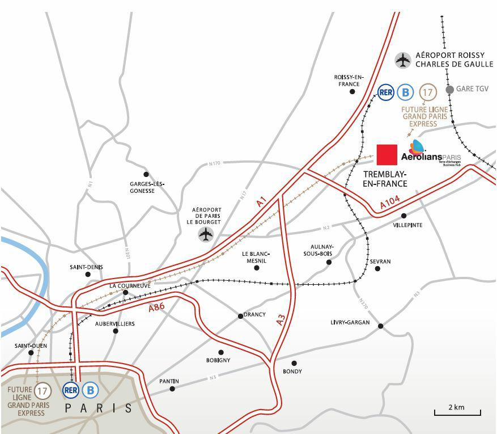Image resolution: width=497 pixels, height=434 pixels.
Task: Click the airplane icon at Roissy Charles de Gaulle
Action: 403,60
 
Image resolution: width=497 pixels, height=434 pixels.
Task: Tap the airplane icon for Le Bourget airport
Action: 206,234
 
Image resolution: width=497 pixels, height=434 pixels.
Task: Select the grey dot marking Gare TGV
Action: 449,89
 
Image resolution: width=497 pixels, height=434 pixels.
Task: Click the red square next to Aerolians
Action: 388,154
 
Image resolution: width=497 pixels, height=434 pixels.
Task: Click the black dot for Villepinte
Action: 403,216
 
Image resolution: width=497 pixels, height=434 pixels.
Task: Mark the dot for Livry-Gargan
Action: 380,326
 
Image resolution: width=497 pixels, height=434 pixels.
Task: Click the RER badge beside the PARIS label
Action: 71,390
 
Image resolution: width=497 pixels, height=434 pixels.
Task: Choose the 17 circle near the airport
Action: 428,92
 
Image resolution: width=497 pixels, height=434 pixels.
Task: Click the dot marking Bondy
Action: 294,363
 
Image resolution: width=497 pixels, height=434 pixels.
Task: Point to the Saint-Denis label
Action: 86,267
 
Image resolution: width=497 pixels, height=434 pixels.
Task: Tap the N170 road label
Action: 214,163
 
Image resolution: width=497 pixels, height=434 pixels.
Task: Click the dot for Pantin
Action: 172,389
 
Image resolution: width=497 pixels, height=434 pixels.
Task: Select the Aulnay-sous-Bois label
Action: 322,250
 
